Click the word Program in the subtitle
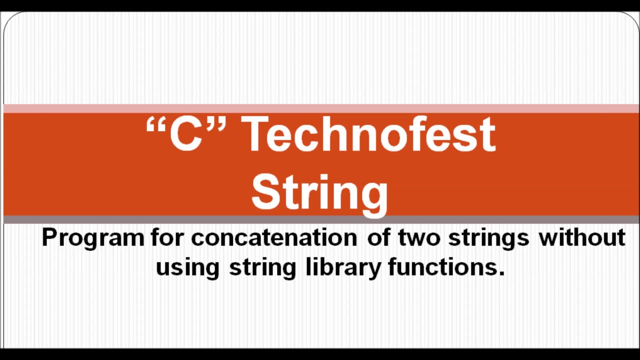93,237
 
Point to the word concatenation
274,237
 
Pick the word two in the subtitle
418,237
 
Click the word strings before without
488,237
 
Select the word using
187,267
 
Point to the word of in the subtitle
378,237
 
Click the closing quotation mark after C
216,125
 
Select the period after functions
501,273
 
